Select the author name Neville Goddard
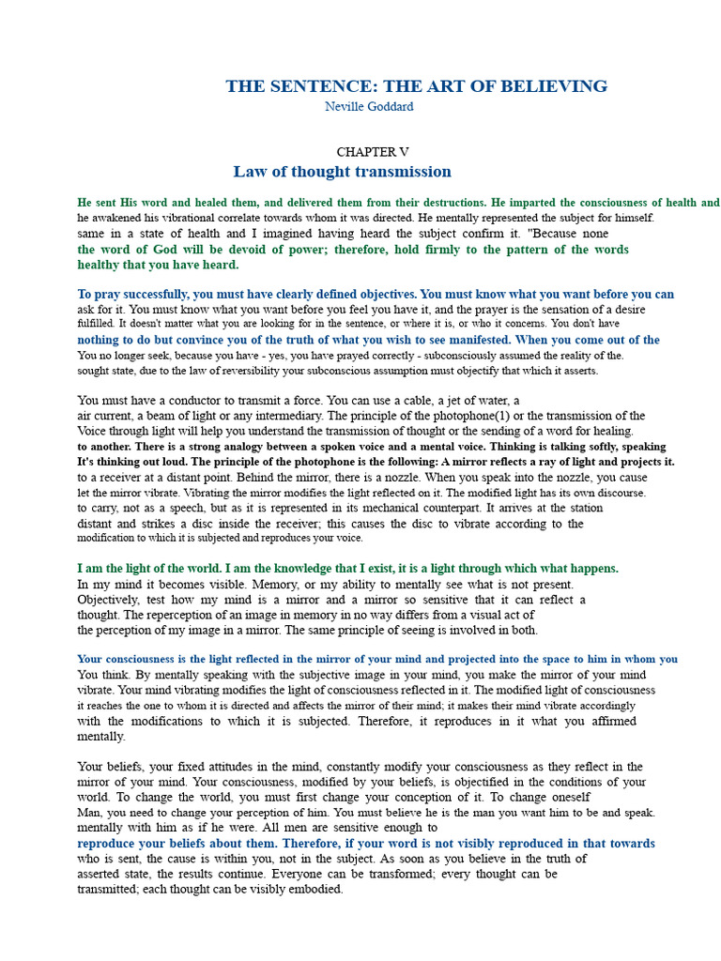pos(369,107)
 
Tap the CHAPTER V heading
pos(373,152)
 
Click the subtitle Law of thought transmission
pos(342,172)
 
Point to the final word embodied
pos(317,889)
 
